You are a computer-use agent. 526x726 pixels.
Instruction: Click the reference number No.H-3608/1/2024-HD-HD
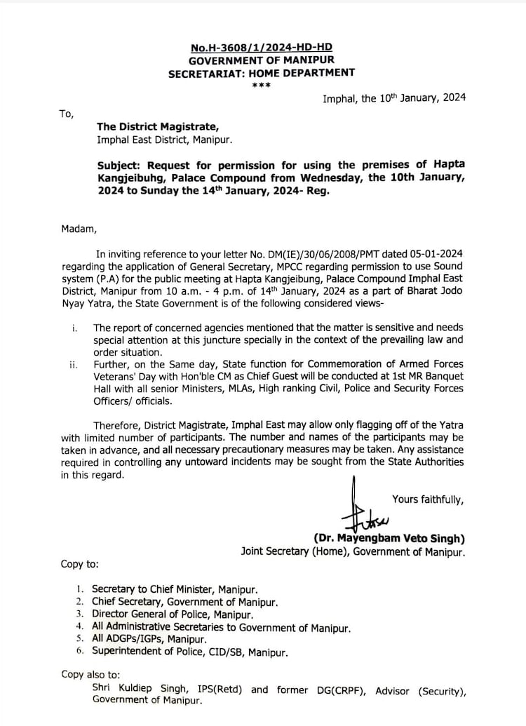pyautogui.click(x=262, y=48)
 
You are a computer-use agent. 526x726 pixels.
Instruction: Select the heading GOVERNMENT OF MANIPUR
pyautogui.click(x=262, y=60)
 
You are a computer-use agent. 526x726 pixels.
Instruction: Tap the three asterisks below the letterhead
pyautogui.click(x=262, y=85)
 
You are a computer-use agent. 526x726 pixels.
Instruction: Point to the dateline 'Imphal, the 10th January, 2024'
pyautogui.click(x=393, y=99)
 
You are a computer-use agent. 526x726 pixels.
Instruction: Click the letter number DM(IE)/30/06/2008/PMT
pyautogui.click(x=341, y=254)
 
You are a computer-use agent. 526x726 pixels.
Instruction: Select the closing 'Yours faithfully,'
pyautogui.click(x=427, y=499)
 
